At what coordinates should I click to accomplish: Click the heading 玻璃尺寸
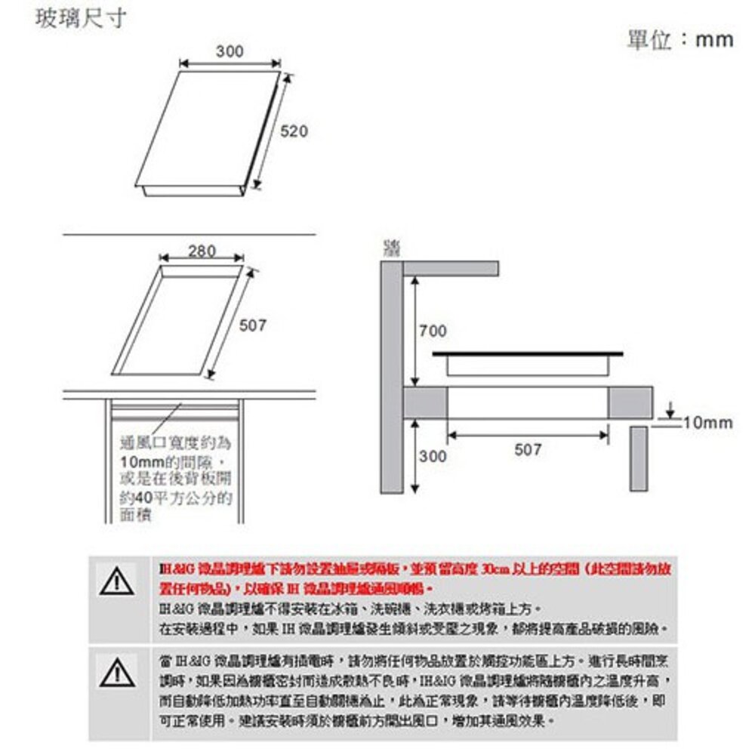tap(81, 18)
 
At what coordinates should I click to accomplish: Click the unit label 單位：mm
tap(679, 39)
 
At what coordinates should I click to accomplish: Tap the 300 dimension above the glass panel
tap(230, 51)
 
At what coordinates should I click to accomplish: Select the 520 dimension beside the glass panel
tap(294, 132)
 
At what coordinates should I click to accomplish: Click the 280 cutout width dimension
tap(202, 251)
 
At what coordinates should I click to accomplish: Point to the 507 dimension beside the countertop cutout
tap(253, 325)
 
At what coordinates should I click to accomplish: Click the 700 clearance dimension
tap(433, 331)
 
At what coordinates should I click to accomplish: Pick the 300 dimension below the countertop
tap(433, 456)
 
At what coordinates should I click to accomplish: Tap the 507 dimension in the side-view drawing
tap(528, 449)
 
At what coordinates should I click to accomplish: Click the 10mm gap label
tap(707, 423)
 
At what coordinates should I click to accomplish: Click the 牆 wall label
tap(391, 248)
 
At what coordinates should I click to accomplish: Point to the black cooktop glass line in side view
tap(528, 353)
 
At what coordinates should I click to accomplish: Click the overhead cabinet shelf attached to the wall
tap(451, 268)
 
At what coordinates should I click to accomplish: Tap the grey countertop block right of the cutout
tap(630, 402)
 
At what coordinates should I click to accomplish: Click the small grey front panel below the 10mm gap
tap(639, 458)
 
